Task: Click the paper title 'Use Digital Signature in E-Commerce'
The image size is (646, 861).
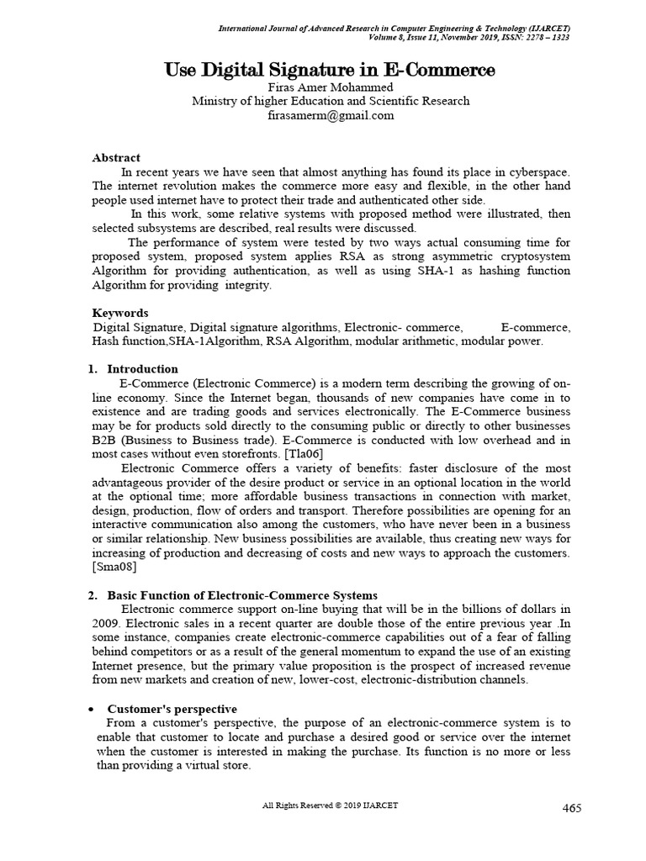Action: [x=330, y=71]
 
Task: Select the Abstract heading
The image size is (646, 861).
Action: [x=115, y=157]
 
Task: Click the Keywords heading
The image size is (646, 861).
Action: [x=119, y=313]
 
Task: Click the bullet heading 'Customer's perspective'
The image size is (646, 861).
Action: [x=172, y=709]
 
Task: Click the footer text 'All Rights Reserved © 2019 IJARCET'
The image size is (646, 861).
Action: [x=330, y=806]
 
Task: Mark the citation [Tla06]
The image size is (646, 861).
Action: [x=305, y=454]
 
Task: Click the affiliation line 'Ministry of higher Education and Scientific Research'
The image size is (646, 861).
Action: [x=330, y=102]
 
